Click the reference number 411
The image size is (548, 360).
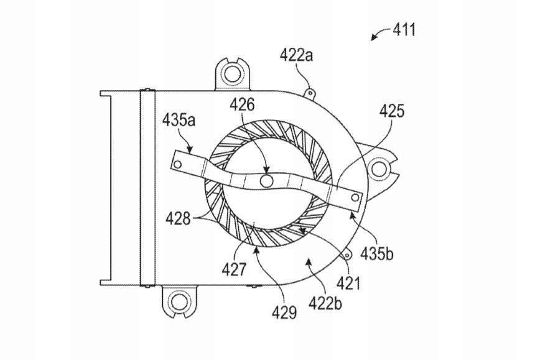[404, 30]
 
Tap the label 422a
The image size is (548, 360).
[296, 55]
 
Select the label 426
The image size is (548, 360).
[242, 104]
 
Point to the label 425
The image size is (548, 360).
[392, 111]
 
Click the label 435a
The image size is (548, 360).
[179, 120]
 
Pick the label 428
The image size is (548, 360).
[179, 219]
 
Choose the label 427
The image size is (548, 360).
[234, 269]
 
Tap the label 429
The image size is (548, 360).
[284, 313]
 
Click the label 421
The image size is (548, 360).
[348, 283]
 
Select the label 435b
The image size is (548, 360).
[377, 254]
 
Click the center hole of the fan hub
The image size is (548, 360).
[267, 181]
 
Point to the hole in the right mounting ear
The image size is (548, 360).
[378, 169]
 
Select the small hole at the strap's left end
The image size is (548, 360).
[177, 164]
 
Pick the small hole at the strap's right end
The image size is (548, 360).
[355, 198]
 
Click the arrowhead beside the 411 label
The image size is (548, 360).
[374, 38]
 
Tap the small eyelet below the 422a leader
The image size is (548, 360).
[309, 93]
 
